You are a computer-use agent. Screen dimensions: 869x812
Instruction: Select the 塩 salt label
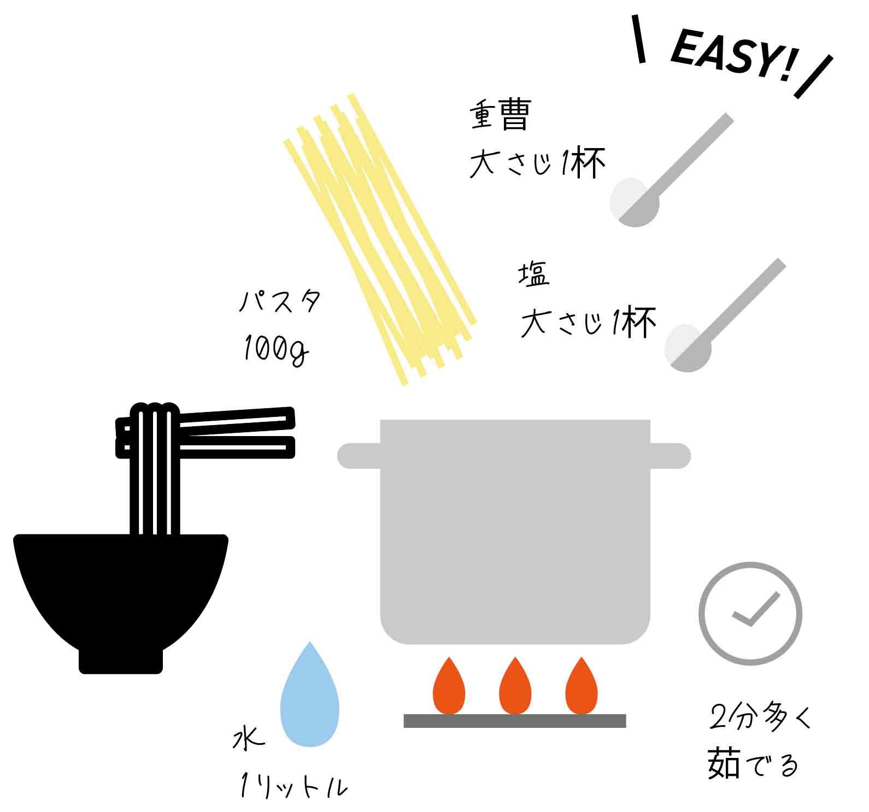(x=533, y=275)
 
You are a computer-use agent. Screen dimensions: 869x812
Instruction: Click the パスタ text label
(x=280, y=301)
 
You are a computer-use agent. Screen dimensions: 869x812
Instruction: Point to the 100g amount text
(x=276, y=349)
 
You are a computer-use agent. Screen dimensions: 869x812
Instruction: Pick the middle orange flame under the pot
(x=515, y=686)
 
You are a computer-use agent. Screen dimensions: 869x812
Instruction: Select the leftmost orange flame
(x=449, y=686)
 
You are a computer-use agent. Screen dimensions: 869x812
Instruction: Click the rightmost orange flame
(x=582, y=686)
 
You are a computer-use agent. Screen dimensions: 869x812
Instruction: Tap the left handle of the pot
(x=359, y=456)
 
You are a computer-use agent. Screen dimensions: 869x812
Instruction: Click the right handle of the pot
(x=671, y=456)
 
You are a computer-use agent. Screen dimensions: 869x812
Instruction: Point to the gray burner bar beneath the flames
(x=515, y=721)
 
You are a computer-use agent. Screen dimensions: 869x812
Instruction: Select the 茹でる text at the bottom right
(x=753, y=763)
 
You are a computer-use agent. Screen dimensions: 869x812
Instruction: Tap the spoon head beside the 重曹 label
(x=635, y=202)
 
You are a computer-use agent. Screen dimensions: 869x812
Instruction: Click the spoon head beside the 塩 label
(x=688, y=348)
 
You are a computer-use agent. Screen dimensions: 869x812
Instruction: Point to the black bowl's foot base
(x=121, y=661)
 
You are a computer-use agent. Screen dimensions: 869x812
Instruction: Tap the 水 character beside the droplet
(x=249, y=738)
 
